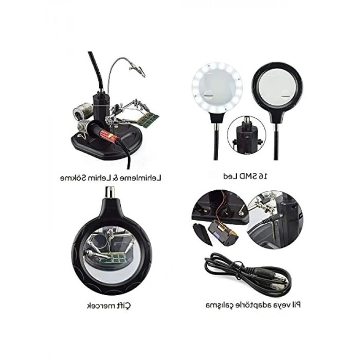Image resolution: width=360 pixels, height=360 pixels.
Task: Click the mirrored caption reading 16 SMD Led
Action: click(247, 176)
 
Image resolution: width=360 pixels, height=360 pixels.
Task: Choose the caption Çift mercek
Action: click(109, 307)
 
